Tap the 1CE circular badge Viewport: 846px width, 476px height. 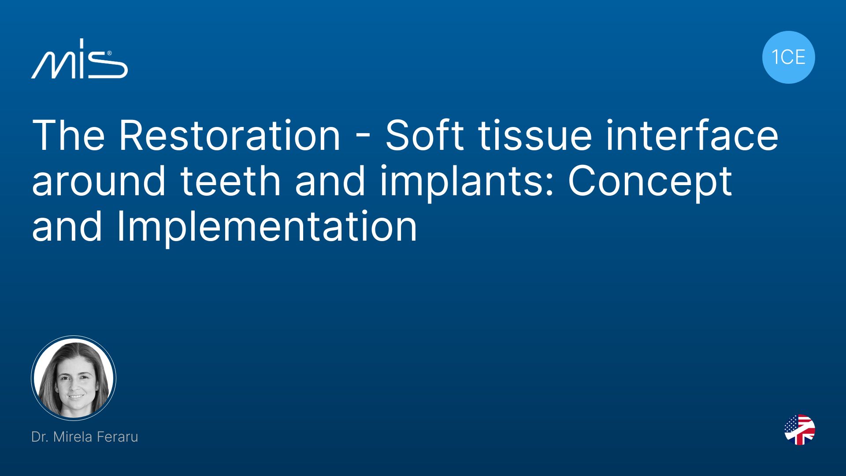(x=788, y=57)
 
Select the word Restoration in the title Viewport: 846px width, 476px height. (x=230, y=135)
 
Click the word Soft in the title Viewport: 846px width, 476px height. (x=424, y=135)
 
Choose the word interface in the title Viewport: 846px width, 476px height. (x=692, y=135)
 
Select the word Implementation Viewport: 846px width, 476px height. (x=267, y=227)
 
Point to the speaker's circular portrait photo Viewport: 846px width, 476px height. (x=74, y=378)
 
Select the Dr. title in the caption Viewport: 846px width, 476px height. (x=39, y=437)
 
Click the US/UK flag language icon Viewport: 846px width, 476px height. (x=800, y=430)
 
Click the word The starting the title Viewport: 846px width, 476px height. (x=68, y=135)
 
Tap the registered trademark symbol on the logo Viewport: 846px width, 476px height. (x=109, y=53)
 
